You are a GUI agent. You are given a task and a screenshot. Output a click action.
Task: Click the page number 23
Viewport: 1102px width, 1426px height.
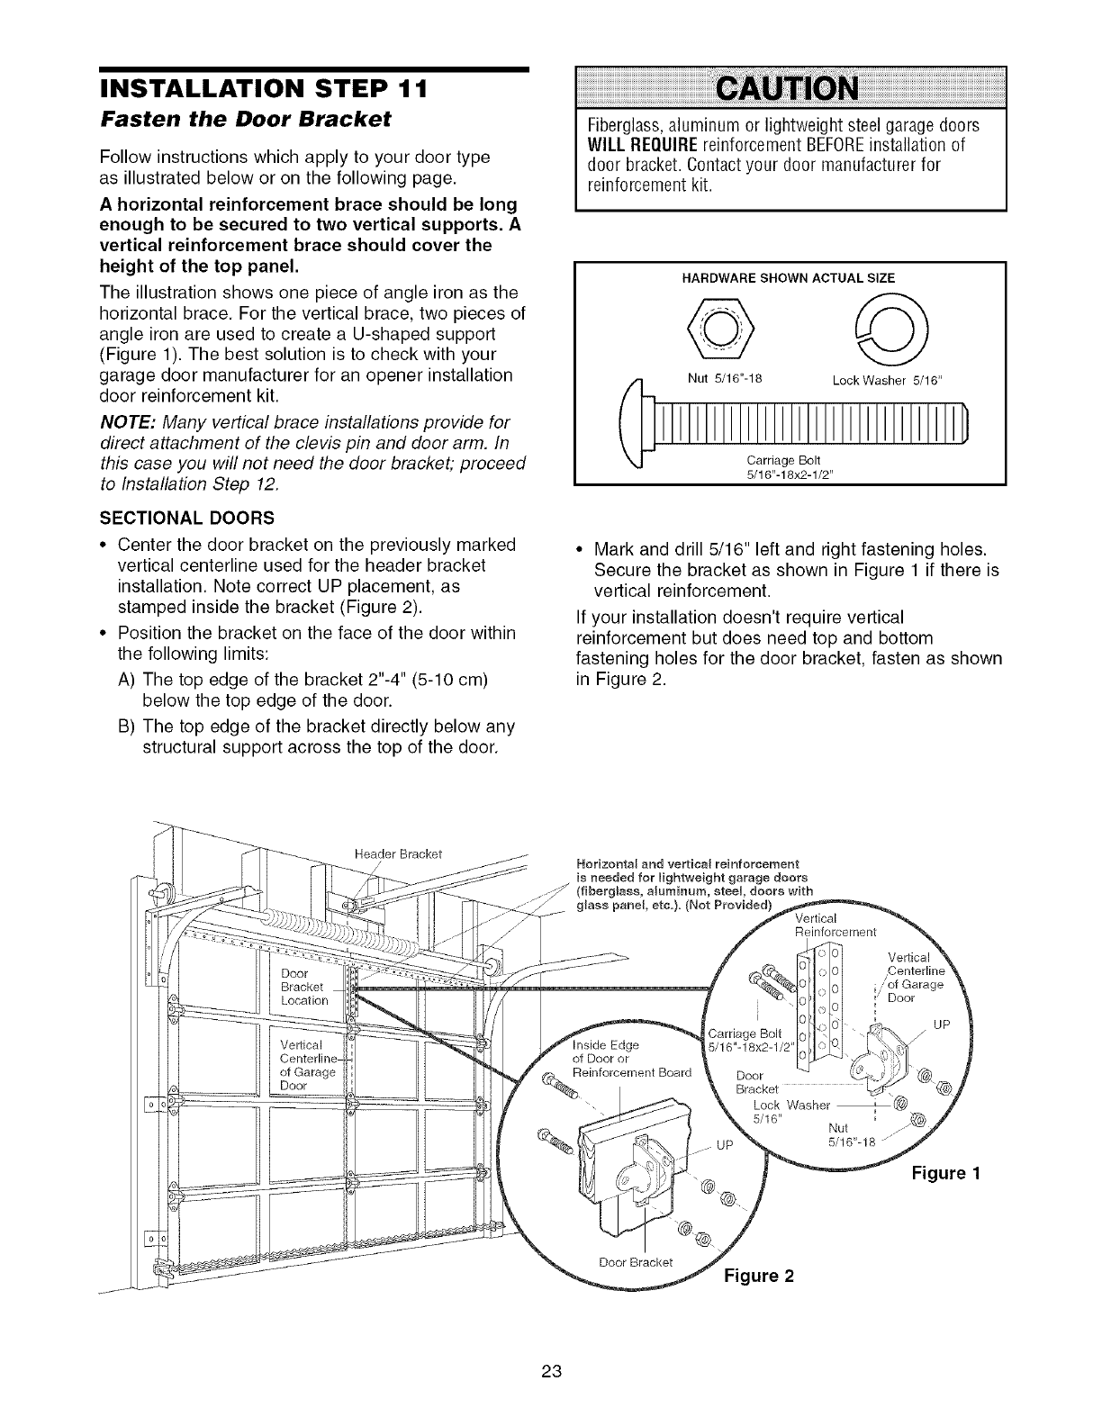click(551, 1371)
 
